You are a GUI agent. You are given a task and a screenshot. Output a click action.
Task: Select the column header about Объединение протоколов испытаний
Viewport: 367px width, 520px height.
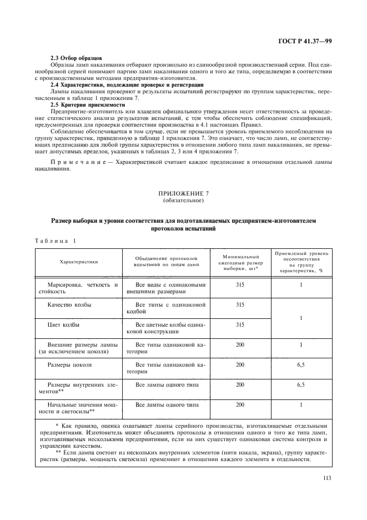[166, 261]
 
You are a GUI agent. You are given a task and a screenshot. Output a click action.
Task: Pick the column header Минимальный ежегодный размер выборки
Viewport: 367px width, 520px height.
[240, 261]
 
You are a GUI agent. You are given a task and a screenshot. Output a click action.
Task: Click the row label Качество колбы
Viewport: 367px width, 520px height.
[70, 304]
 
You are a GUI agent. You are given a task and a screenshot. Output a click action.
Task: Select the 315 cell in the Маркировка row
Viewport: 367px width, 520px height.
[240, 284]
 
